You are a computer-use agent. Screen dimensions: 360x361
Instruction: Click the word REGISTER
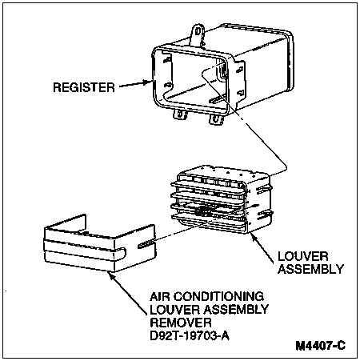84,87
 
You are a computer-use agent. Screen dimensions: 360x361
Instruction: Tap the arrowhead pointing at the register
147,82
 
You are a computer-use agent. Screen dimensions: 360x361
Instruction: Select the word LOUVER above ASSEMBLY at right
303,257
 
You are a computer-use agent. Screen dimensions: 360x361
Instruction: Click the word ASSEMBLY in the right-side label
311,269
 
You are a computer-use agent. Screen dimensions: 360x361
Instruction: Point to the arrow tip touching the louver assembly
251,233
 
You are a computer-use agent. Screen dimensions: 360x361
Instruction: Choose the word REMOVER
181,323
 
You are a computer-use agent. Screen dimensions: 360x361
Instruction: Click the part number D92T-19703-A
190,335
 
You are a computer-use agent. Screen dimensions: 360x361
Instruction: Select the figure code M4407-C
321,346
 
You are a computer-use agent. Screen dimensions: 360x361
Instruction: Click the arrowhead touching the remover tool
111,275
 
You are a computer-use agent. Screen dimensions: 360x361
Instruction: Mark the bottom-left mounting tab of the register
180,114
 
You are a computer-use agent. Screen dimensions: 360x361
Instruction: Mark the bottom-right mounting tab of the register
216,119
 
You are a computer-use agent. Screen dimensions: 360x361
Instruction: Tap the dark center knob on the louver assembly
203,211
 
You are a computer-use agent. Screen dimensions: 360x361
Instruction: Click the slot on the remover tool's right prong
146,243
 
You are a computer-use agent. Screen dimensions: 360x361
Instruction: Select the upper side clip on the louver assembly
263,189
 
